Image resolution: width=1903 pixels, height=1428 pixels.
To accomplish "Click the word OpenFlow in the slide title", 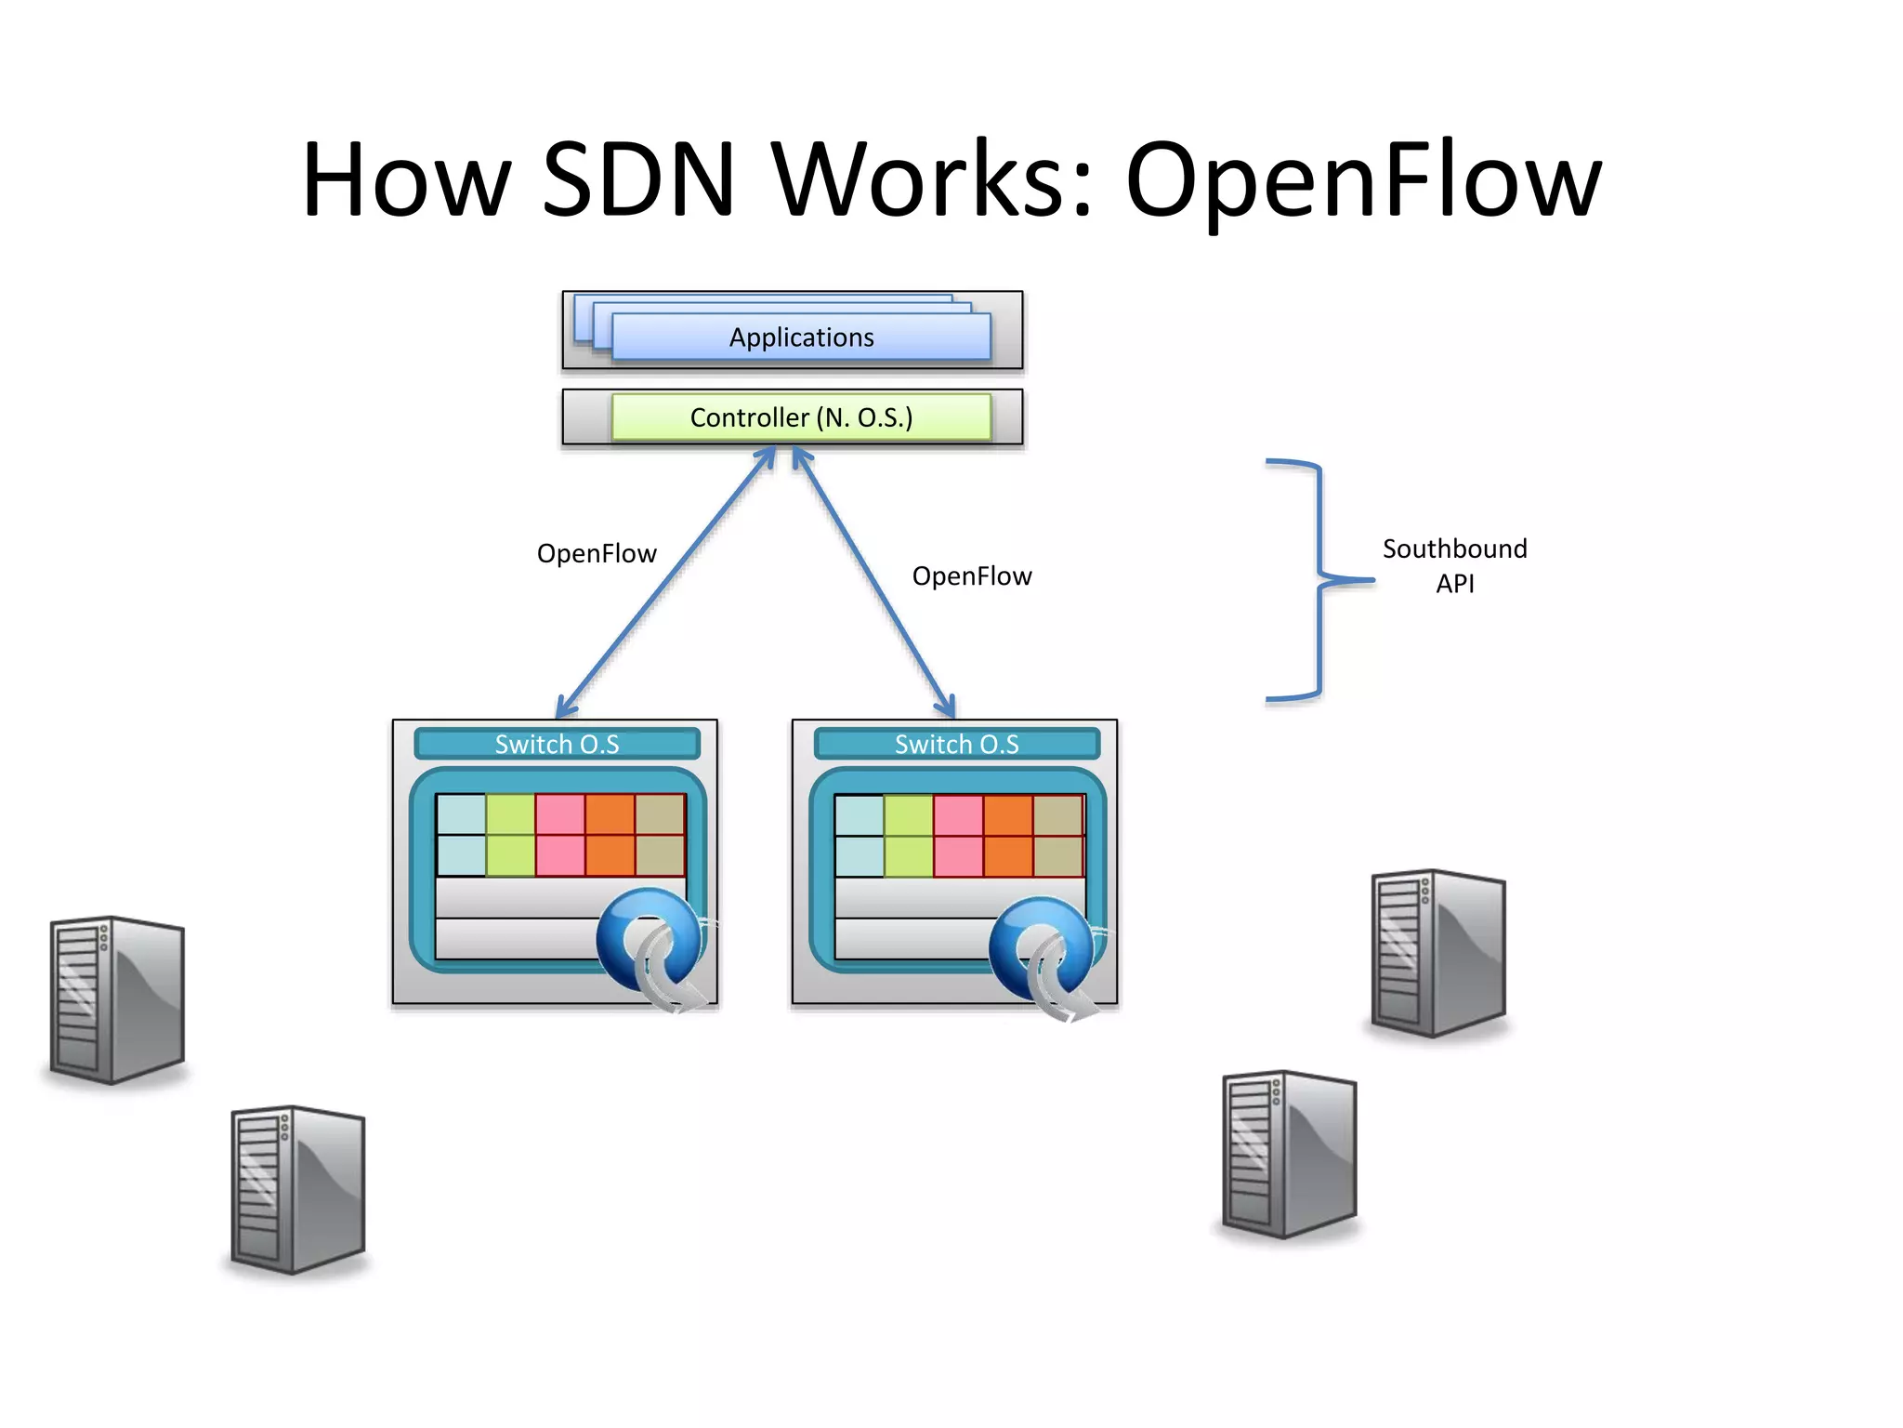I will coord(1363,181).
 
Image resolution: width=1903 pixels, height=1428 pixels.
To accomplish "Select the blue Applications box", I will coord(801,337).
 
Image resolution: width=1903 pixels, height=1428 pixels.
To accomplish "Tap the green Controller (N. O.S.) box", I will coord(801,417).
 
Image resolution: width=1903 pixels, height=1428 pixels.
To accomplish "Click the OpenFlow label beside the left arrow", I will coord(597,554).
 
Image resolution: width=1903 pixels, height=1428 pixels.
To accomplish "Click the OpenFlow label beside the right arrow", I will coord(971,576).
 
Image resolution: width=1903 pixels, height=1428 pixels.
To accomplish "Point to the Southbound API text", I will coord(1454,565).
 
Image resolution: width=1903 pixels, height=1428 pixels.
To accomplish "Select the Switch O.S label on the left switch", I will coord(557,745).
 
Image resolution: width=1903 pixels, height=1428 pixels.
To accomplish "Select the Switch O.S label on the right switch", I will coord(956,745).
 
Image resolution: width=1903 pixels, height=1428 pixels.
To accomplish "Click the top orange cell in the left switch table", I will coord(610,814).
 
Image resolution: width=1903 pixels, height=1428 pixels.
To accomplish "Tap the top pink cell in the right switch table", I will coord(958,815).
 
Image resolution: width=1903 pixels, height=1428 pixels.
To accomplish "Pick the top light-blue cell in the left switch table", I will coord(461,814).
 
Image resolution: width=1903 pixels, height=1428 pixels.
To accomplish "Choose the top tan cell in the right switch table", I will coord(1058,815).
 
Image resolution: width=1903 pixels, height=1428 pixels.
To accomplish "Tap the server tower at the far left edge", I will coord(117,999).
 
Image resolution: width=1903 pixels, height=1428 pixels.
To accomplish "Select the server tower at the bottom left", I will coord(297,1189).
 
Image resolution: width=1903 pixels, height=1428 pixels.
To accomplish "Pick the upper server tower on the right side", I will coord(1438,953).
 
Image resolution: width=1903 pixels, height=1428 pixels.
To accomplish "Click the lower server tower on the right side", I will coord(1290,1154).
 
